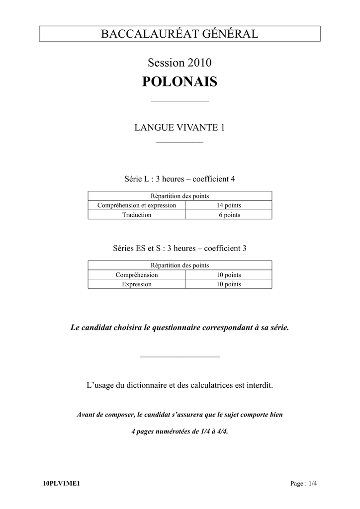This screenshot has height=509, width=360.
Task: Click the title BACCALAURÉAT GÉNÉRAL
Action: tap(180, 34)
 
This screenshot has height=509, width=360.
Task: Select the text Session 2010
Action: tap(180, 63)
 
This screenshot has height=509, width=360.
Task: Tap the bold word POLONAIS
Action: tap(180, 82)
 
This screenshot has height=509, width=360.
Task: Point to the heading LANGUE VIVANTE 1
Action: tap(180, 128)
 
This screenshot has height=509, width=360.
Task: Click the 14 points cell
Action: tap(229, 205)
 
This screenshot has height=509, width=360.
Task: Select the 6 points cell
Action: tap(229, 215)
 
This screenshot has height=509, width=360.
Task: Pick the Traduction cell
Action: tap(137, 215)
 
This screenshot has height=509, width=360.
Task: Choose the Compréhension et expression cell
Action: tap(137, 205)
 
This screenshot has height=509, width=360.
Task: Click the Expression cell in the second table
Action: tap(137, 284)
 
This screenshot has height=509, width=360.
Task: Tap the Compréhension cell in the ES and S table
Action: tap(137, 275)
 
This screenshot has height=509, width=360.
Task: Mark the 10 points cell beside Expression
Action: tap(229, 284)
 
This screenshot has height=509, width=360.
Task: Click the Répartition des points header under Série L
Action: tap(180, 196)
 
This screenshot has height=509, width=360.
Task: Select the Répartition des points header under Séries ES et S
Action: tap(180, 265)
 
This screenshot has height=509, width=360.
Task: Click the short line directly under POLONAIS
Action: tap(180, 101)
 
